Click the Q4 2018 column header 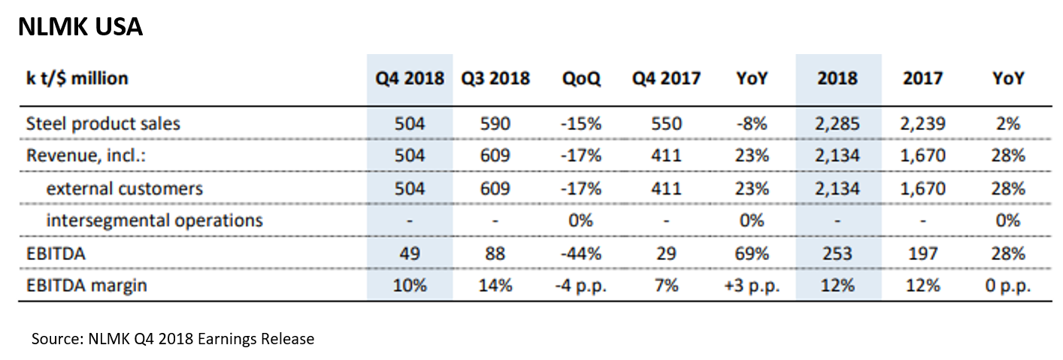click(410, 78)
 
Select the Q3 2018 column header click(495, 78)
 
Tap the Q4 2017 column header click(666, 78)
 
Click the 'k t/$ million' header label click(77, 78)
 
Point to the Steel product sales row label click(103, 123)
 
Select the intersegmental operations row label click(154, 220)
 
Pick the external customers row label click(124, 188)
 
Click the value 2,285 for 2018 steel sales click(837, 123)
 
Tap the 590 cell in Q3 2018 click(495, 123)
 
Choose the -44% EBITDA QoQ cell click(580, 253)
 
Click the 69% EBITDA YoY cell click(752, 253)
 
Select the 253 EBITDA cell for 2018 click(837, 253)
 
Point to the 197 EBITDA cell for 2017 click(922, 253)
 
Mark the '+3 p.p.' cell click(752, 286)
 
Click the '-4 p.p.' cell click(580, 286)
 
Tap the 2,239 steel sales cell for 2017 click(922, 123)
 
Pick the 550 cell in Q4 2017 click(666, 123)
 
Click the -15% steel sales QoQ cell click(580, 123)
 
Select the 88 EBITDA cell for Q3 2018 click(495, 253)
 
